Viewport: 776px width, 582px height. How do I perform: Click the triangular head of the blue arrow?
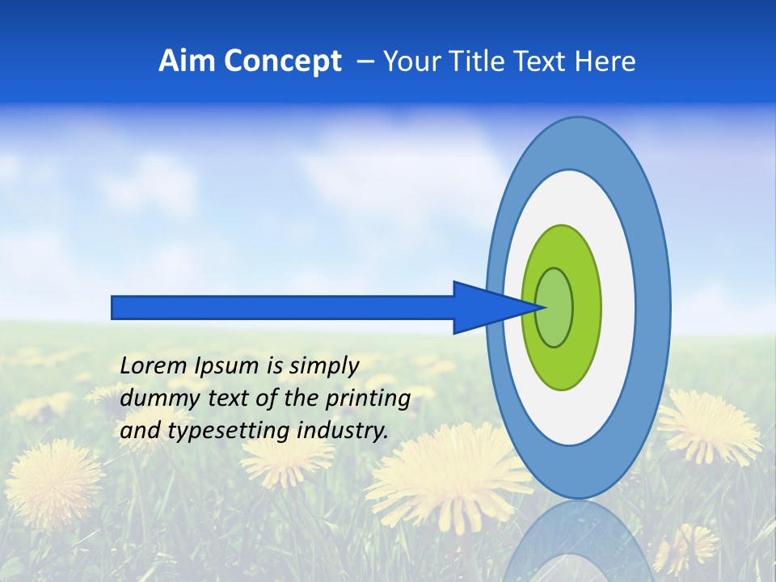pyautogui.click(x=485, y=307)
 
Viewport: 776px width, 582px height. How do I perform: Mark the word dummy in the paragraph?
pyautogui.click(x=152, y=399)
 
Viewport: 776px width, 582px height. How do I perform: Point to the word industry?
pyautogui.click(x=343, y=431)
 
